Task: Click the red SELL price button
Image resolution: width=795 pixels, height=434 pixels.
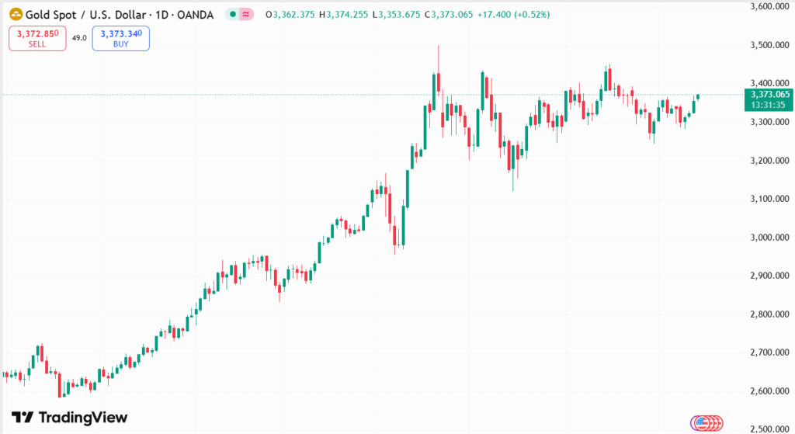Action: pos(37,39)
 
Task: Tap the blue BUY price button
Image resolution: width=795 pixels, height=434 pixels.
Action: pos(120,39)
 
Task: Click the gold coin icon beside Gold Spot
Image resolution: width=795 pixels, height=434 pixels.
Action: pos(16,15)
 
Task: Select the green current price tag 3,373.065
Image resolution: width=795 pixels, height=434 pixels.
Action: pos(768,95)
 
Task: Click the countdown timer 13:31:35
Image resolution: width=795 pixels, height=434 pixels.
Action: pos(768,105)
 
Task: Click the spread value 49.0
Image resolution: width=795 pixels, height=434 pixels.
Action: pos(79,38)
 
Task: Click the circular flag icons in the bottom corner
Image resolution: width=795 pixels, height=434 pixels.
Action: pos(706,422)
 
